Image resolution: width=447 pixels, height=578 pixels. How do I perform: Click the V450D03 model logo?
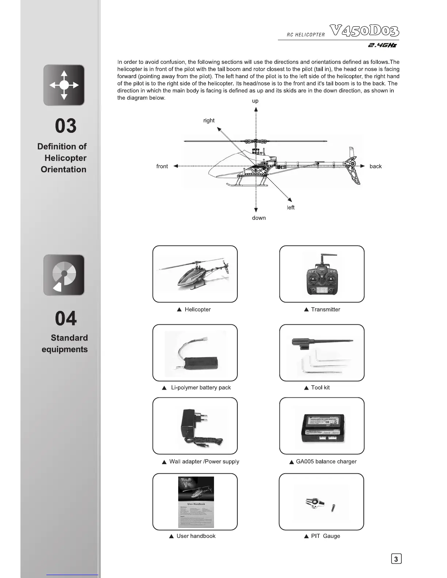click(x=364, y=31)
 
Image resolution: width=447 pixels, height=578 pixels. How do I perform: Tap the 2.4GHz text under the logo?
click(x=382, y=45)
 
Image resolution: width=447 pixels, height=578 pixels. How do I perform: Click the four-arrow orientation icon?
click(x=64, y=85)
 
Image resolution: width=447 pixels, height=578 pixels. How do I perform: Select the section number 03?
click(x=66, y=126)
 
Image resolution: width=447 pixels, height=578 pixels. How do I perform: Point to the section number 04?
click(x=66, y=319)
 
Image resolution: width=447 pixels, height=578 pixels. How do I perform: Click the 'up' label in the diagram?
click(x=255, y=101)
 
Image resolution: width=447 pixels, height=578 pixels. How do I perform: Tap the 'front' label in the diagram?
click(x=162, y=166)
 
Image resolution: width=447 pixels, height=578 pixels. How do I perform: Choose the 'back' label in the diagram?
click(x=375, y=166)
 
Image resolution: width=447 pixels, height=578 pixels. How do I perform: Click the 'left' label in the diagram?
click(x=291, y=208)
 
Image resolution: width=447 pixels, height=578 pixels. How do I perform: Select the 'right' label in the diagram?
click(x=209, y=120)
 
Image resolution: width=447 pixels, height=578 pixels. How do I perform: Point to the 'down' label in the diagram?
click(x=259, y=218)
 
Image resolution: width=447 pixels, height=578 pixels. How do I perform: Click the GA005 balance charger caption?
click(x=326, y=462)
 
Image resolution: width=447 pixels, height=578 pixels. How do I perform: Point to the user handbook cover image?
click(x=196, y=502)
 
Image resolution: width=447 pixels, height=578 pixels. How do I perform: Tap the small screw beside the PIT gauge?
click(x=333, y=507)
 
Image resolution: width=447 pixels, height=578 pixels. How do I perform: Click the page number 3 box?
click(x=396, y=559)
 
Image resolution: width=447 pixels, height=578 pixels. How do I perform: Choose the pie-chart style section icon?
click(x=64, y=275)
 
